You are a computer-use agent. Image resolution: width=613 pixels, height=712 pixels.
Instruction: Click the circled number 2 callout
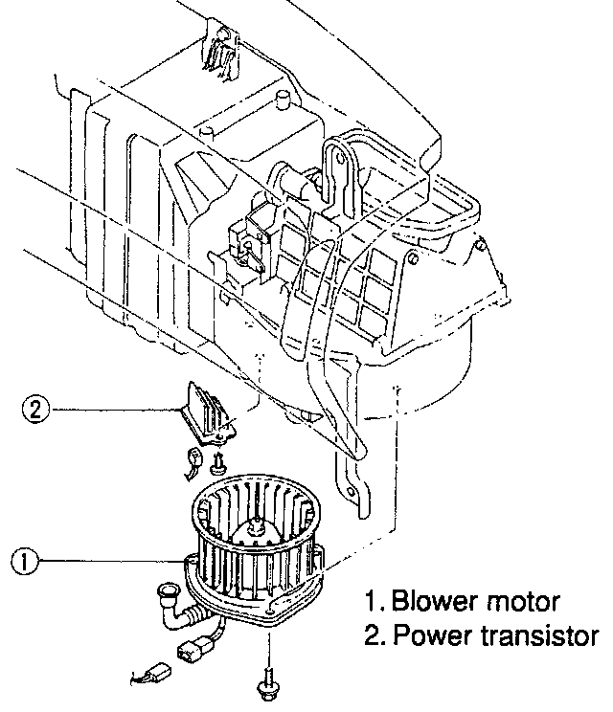click(34, 410)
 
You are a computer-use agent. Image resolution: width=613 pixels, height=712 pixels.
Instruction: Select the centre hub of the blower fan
click(257, 524)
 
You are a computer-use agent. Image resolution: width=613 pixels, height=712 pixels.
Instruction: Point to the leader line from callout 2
click(110, 411)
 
